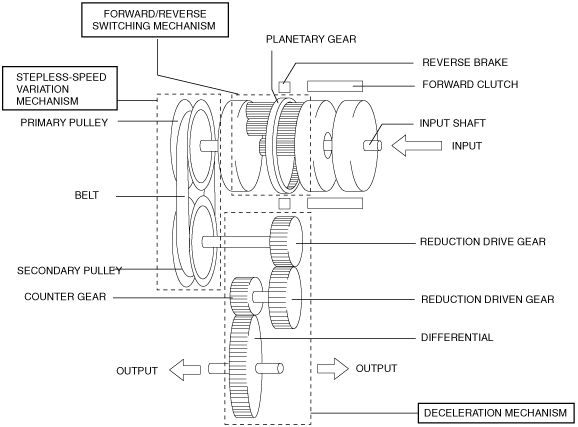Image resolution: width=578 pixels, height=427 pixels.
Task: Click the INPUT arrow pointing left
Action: (x=416, y=146)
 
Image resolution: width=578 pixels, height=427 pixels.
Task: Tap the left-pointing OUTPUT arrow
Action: (x=185, y=369)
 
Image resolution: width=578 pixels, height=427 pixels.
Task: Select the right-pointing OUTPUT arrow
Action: (x=332, y=368)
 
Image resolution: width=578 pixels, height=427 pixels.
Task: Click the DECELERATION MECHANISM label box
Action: (x=496, y=413)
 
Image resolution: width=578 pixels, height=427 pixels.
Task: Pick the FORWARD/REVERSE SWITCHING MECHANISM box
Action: (x=155, y=20)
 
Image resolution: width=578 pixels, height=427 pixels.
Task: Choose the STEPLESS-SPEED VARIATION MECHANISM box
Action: (x=60, y=88)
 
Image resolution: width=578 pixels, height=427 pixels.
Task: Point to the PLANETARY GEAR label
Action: (x=311, y=39)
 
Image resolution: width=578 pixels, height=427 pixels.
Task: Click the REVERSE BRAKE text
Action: (x=465, y=62)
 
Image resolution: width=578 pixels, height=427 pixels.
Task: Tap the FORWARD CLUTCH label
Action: (x=470, y=84)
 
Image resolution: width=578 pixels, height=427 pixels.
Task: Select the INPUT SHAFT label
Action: (x=452, y=123)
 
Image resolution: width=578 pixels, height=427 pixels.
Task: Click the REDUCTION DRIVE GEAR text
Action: (x=483, y=242)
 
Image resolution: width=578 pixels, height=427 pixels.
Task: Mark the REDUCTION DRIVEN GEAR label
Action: (x=487, y=299)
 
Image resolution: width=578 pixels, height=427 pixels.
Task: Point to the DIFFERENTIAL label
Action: (x=457, y=337)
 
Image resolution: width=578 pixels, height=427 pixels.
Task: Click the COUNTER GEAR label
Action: (x=65, y=297)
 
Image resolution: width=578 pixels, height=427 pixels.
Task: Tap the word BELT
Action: (x=87, y=195)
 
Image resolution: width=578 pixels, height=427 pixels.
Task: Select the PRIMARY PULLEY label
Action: (x=64, y=123)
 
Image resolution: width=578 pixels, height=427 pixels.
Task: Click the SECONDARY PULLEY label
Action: (x=69, y=271)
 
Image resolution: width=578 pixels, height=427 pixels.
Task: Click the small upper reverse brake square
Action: (x=284, y=87)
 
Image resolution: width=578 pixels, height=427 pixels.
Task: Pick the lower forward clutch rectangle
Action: (x=335, y=203)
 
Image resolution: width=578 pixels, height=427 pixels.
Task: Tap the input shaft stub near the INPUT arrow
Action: (x=372, y=146)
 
